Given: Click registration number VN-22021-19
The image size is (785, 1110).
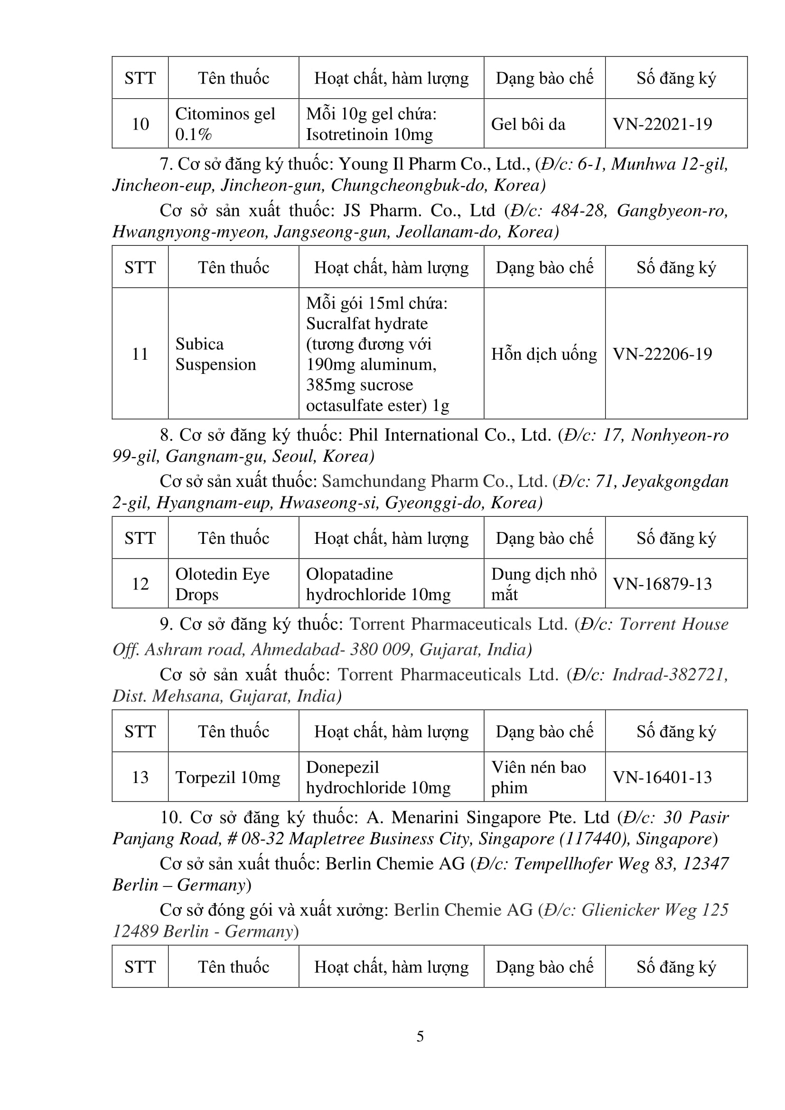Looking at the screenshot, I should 662,124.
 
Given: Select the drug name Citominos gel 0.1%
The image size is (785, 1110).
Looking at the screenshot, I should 225,124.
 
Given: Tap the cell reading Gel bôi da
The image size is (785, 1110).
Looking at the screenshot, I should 528,124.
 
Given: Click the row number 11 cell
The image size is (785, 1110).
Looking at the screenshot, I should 140,354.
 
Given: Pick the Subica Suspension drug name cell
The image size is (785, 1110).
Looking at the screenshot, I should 215,354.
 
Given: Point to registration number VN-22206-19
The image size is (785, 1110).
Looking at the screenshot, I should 662,354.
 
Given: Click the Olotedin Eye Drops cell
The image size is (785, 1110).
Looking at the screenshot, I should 222,584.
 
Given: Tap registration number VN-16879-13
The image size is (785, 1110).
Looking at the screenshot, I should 662,584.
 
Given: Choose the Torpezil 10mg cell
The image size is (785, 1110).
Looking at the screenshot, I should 228,777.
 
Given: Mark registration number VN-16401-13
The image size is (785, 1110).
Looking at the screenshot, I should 662,777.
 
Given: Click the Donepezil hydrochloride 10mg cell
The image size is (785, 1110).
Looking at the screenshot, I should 378,777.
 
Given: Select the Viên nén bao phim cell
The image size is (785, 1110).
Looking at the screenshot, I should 539,777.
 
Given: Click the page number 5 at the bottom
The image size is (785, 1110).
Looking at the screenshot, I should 420,1036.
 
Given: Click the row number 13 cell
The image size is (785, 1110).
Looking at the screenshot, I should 140,777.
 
